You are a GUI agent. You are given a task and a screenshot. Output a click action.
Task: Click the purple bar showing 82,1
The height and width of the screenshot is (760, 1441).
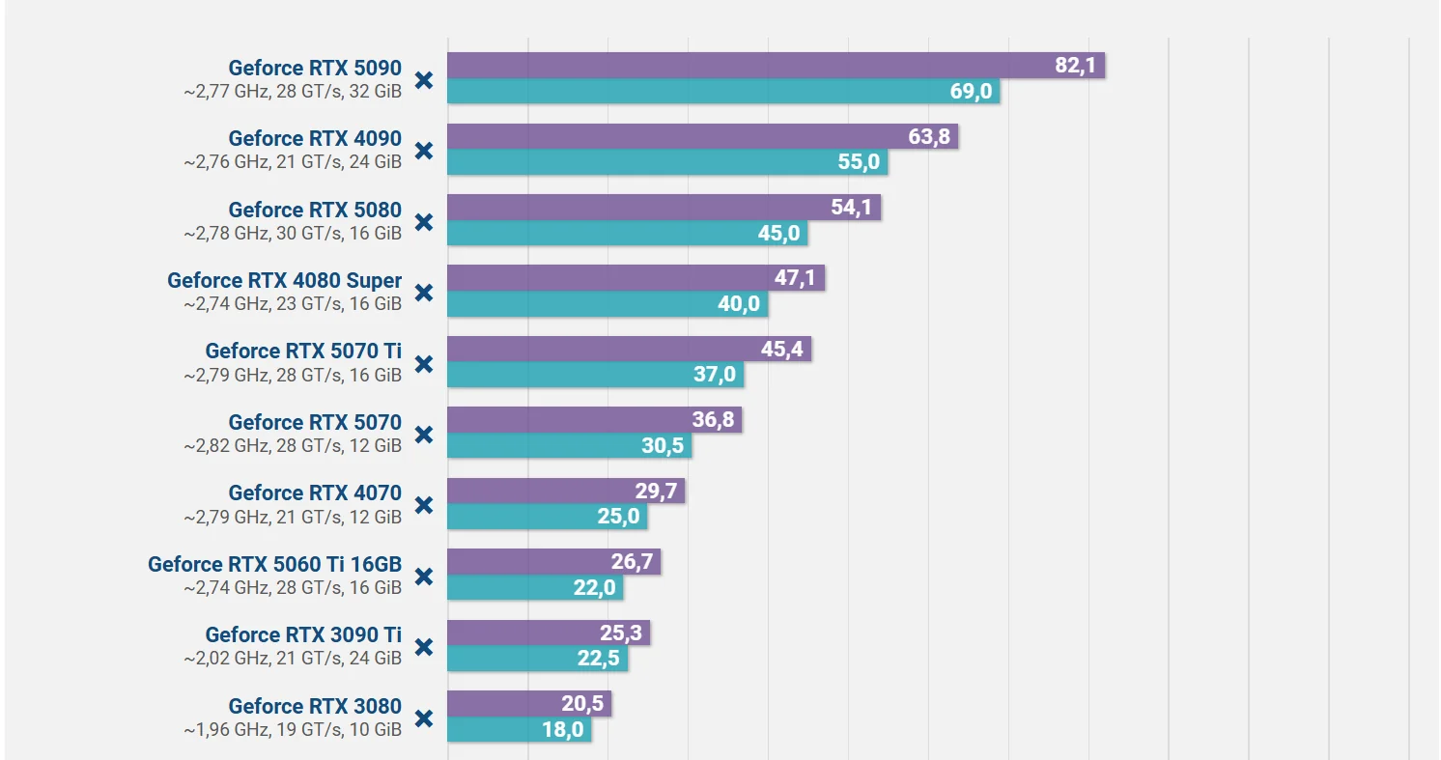[776, 66]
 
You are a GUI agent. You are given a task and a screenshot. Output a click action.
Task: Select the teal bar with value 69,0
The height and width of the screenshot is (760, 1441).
[723, 92]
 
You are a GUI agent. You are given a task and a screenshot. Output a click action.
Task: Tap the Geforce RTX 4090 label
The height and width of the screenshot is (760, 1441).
[315, 138]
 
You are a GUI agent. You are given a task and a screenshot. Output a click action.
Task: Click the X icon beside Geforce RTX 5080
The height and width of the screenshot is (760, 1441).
[424, 222]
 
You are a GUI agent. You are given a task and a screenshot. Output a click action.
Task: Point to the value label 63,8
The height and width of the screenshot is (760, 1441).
[929, 136]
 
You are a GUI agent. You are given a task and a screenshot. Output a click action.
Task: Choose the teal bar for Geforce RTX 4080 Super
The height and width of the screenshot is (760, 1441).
[607, 303]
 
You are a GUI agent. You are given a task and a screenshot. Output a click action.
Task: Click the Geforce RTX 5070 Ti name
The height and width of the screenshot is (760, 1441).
[303, 352]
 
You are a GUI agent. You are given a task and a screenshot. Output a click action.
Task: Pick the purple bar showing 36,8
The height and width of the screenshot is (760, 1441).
[594, 420]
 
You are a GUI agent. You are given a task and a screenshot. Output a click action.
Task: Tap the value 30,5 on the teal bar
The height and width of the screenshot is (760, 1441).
[663, 445]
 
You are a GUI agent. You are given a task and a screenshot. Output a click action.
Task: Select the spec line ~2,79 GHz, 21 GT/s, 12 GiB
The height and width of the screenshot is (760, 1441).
[293, 517]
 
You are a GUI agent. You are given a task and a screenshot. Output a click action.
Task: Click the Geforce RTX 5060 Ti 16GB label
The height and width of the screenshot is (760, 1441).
[274, 564]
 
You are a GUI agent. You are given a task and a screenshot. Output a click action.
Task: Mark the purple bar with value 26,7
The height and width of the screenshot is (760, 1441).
[553, 562]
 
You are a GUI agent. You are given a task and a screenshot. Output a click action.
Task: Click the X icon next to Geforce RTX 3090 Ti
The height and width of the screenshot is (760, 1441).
[424, 647]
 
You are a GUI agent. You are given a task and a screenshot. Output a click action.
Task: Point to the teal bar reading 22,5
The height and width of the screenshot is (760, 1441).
[537, 659]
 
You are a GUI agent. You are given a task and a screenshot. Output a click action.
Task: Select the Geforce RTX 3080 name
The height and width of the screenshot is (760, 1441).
[315, 706]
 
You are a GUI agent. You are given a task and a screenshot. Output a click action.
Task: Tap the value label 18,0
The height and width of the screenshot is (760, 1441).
[563, 730]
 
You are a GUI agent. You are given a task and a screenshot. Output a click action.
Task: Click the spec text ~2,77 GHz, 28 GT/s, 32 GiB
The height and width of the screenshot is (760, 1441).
[293, 92]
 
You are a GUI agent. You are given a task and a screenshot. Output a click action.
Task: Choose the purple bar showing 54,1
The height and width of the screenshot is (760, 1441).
[664, 207]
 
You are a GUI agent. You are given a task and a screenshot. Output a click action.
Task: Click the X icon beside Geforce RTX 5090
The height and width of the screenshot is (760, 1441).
[424, 80]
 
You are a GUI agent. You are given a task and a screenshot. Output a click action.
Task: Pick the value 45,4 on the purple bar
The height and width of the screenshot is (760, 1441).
[781, 350]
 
